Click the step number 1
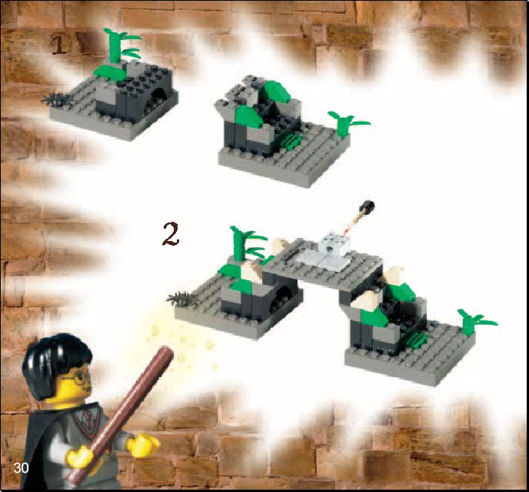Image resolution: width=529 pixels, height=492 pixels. point(58,45)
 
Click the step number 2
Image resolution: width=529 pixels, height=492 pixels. point(171,234)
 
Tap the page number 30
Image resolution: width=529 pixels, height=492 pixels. point(21,467)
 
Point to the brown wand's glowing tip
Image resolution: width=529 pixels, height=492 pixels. point(168,352)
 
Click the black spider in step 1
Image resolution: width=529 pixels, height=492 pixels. point(56,99)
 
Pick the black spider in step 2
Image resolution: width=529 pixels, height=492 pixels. point(182,299)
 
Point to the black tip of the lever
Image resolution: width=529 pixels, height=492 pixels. point(368,207)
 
